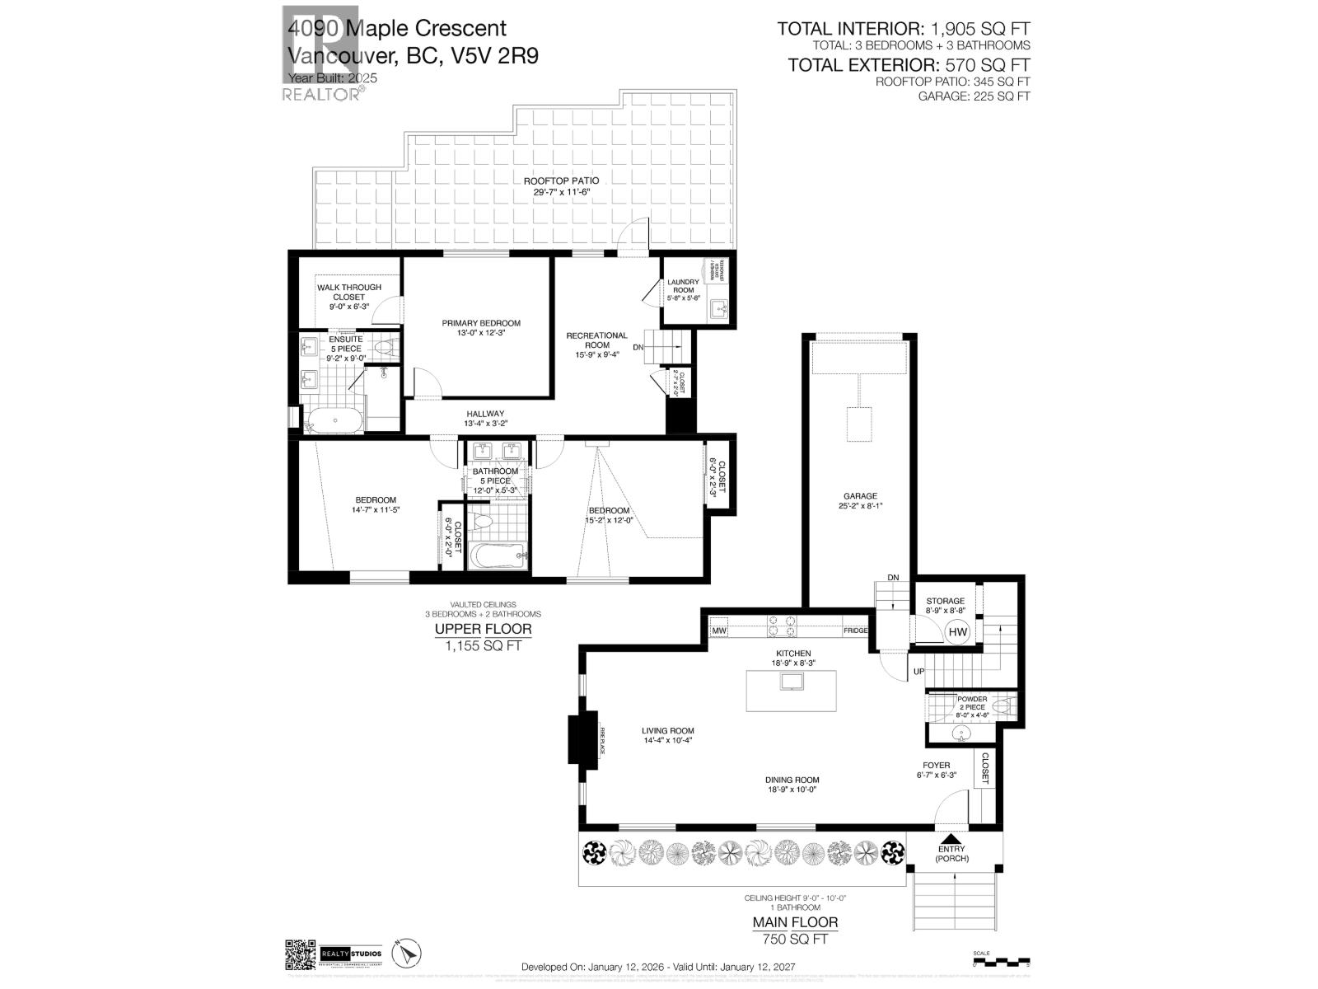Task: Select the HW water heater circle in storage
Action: coord(958,632)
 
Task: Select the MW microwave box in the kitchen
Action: coord(719,631)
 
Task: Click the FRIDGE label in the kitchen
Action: coord(855,631)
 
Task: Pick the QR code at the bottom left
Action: coord(300,955)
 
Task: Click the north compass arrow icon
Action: coord(404,954)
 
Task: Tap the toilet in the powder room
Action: coord(1000,706)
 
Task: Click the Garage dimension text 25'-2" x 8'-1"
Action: coord(860,506)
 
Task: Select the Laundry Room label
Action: coord(683,286)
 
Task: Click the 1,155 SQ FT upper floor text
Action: coord(483,646)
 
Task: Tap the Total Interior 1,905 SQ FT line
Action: coord(904,30)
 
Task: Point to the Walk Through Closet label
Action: coord(349,292)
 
